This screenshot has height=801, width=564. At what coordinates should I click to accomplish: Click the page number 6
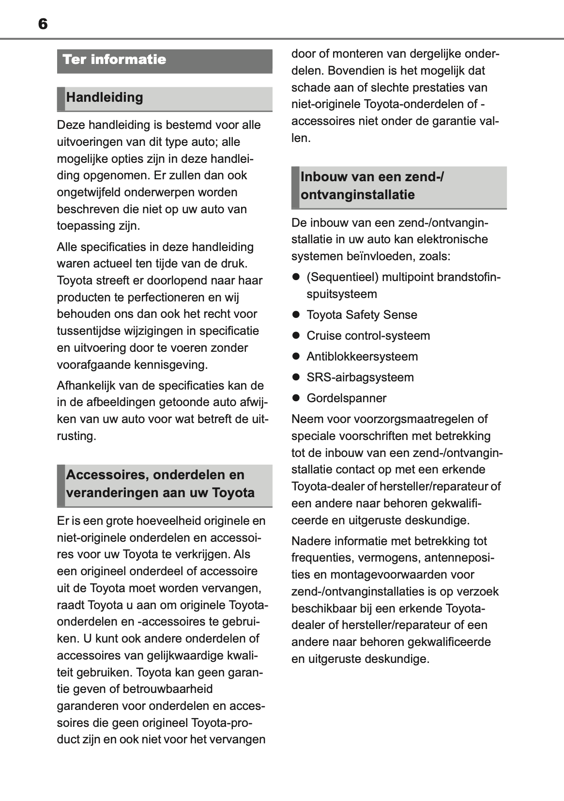(x=43, y=24)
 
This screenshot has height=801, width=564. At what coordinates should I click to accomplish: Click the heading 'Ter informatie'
(x=114, y=60)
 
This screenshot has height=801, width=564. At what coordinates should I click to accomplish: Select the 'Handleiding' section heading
(x=105, y=97)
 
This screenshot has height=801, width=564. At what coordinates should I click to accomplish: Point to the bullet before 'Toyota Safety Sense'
(x=296, y=315)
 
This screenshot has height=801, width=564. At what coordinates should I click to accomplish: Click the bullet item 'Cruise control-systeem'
(x=368, y=336)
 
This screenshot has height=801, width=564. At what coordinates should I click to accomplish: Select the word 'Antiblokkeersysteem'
(x=362, y=357)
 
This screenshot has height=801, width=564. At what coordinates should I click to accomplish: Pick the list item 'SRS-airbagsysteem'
(x=360, y=377)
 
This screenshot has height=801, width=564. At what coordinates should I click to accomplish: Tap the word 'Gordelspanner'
(x=347, y=398)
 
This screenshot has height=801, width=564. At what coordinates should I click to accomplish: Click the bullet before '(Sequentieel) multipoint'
(x=296, y=277)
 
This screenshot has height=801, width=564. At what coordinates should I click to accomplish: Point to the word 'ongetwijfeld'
(x=89, y=192)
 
